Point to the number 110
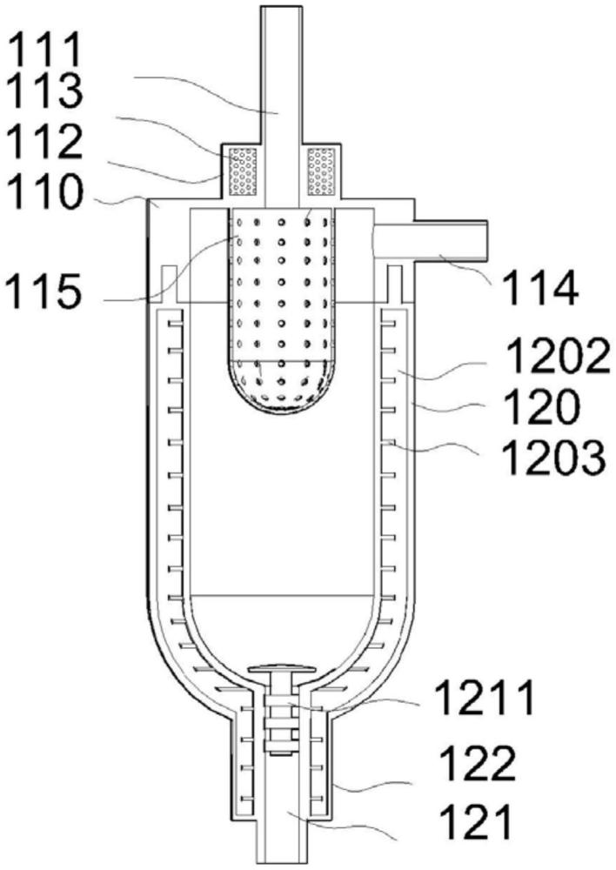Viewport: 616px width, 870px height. (47, 191)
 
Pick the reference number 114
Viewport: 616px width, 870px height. (540, 289)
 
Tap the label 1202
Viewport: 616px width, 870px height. (559, 357)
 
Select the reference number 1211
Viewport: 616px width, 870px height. (485, 698)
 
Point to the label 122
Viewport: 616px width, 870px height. (478, 764)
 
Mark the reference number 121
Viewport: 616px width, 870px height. (476, 822)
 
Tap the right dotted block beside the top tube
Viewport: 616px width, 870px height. (321, 171)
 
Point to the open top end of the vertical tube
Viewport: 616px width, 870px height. (281, 7)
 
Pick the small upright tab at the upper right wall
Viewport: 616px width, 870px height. (395, 284)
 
